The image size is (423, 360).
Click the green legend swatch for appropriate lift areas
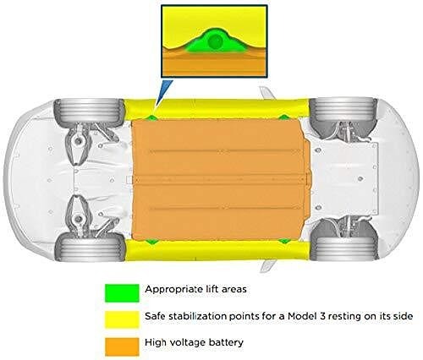122,293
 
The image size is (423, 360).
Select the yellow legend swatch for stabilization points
122,319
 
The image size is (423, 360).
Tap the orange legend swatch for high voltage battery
122,346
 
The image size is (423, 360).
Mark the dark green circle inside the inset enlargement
215,41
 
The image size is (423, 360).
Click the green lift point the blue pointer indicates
152,117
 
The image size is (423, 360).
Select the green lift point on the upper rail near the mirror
283,117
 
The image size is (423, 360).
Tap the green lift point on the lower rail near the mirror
284,241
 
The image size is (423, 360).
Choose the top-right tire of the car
343,110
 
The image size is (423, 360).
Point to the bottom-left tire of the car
90,247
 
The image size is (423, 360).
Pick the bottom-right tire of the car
343,248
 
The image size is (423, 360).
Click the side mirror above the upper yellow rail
267,93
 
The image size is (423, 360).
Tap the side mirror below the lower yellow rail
268,266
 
